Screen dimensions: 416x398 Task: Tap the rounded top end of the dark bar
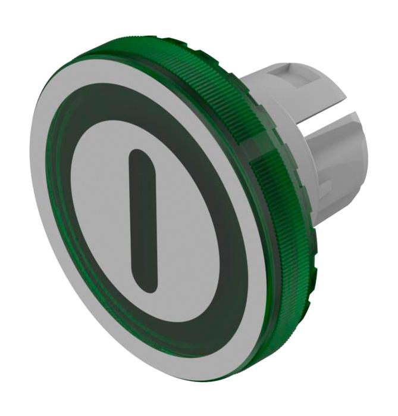click(x=138, y=156)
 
